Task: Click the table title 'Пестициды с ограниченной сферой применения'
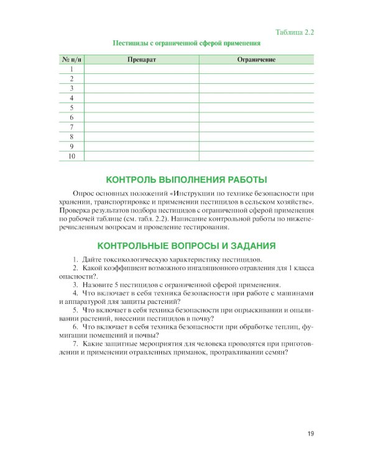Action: tap(186, 43)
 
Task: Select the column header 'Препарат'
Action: tap(141, 60)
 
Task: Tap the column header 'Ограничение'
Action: tap(256, 60)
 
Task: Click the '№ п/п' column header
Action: tap(71, 60)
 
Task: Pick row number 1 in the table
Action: tap(71, 70)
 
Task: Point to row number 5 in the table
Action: tap(71, 107)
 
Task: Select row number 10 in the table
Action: tap(71, 155)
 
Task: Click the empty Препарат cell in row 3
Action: tap(141, 89)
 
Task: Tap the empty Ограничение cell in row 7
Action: tap(256, 127)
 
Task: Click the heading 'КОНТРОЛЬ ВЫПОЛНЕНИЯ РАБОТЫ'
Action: tap(186, 180)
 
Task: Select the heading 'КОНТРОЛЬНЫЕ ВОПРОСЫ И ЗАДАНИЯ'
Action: tap(186, 245)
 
